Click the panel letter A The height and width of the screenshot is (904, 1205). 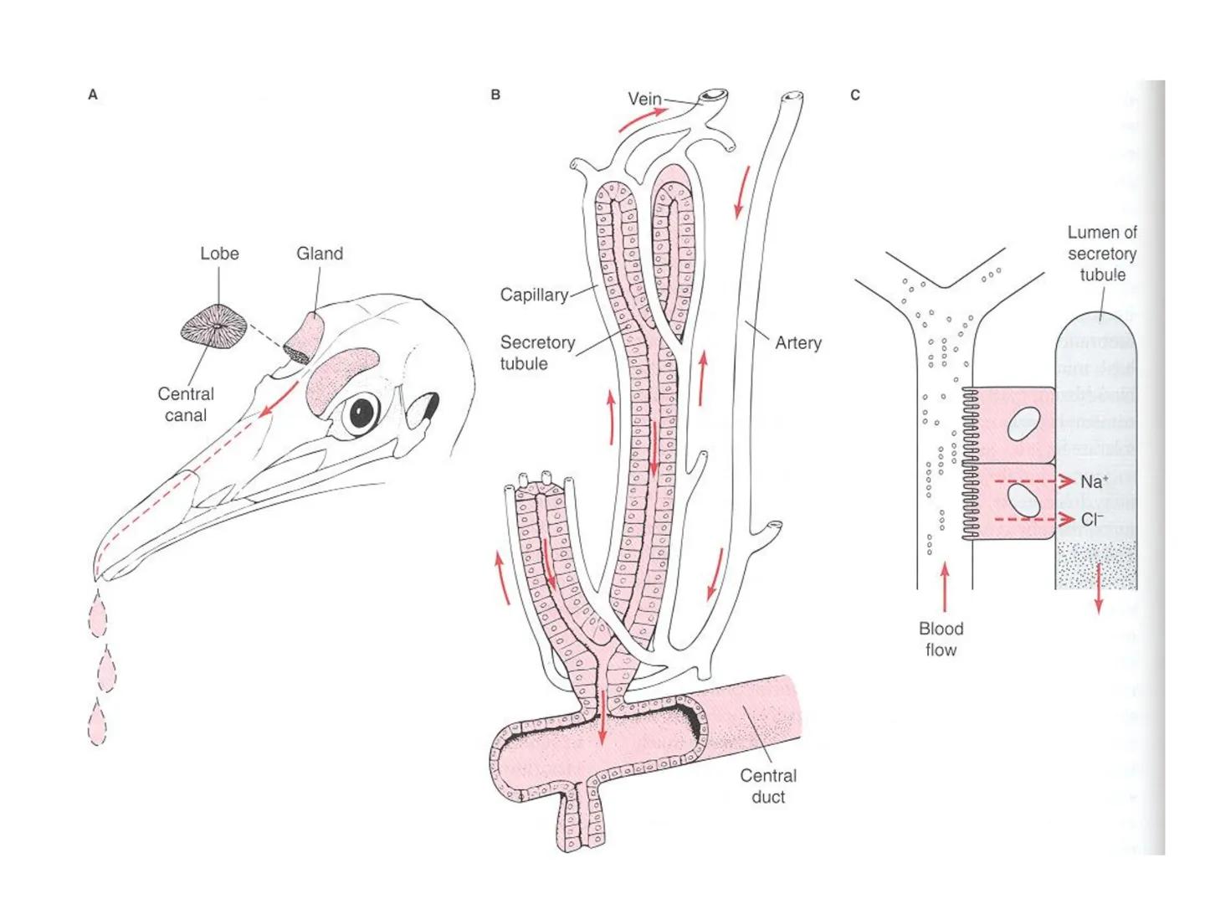(x=93, y=95)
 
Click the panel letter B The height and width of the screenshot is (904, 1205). (x=495, y=95)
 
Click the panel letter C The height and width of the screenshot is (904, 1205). (x=854, y=95)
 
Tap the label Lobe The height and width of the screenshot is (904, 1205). (x=219, y=254)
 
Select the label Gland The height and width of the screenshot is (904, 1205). (x=320, y=254)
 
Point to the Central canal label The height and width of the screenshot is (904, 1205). (x=186, y=404)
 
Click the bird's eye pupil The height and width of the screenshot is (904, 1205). (x=362, y=411)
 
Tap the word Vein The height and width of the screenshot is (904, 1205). (x=644, y=99)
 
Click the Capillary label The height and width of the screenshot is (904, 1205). (x=534, y=295)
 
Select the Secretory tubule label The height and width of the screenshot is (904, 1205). (x=537, y=352)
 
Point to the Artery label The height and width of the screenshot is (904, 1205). (x=798, y=342)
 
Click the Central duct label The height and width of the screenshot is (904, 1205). (x=768, y=786)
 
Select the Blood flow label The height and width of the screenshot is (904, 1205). (x=941, y=639)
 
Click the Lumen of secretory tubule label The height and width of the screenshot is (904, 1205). (x=1102, y=253)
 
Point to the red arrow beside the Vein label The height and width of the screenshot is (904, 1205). (x=643, y=120)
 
